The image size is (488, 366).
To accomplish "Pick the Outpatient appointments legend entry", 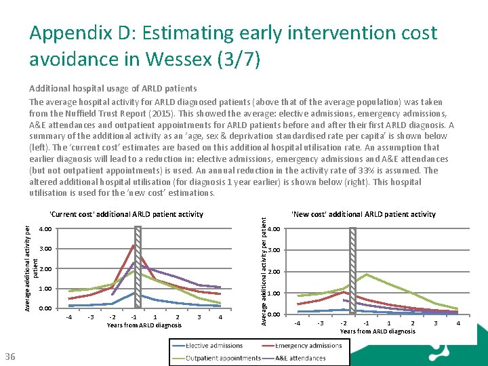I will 222,357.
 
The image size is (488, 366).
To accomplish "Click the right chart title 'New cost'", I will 363,214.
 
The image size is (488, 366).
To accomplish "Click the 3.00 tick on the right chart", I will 274,251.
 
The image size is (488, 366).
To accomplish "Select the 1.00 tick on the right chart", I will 274,293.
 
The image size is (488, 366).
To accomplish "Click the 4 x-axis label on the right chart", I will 459,323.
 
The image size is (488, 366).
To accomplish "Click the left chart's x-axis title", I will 144,325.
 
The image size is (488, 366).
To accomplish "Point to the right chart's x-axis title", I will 378,331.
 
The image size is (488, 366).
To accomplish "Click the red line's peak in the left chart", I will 134,245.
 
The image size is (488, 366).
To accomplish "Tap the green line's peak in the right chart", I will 367,274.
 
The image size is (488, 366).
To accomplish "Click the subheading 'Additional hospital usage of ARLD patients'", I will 113,88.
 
